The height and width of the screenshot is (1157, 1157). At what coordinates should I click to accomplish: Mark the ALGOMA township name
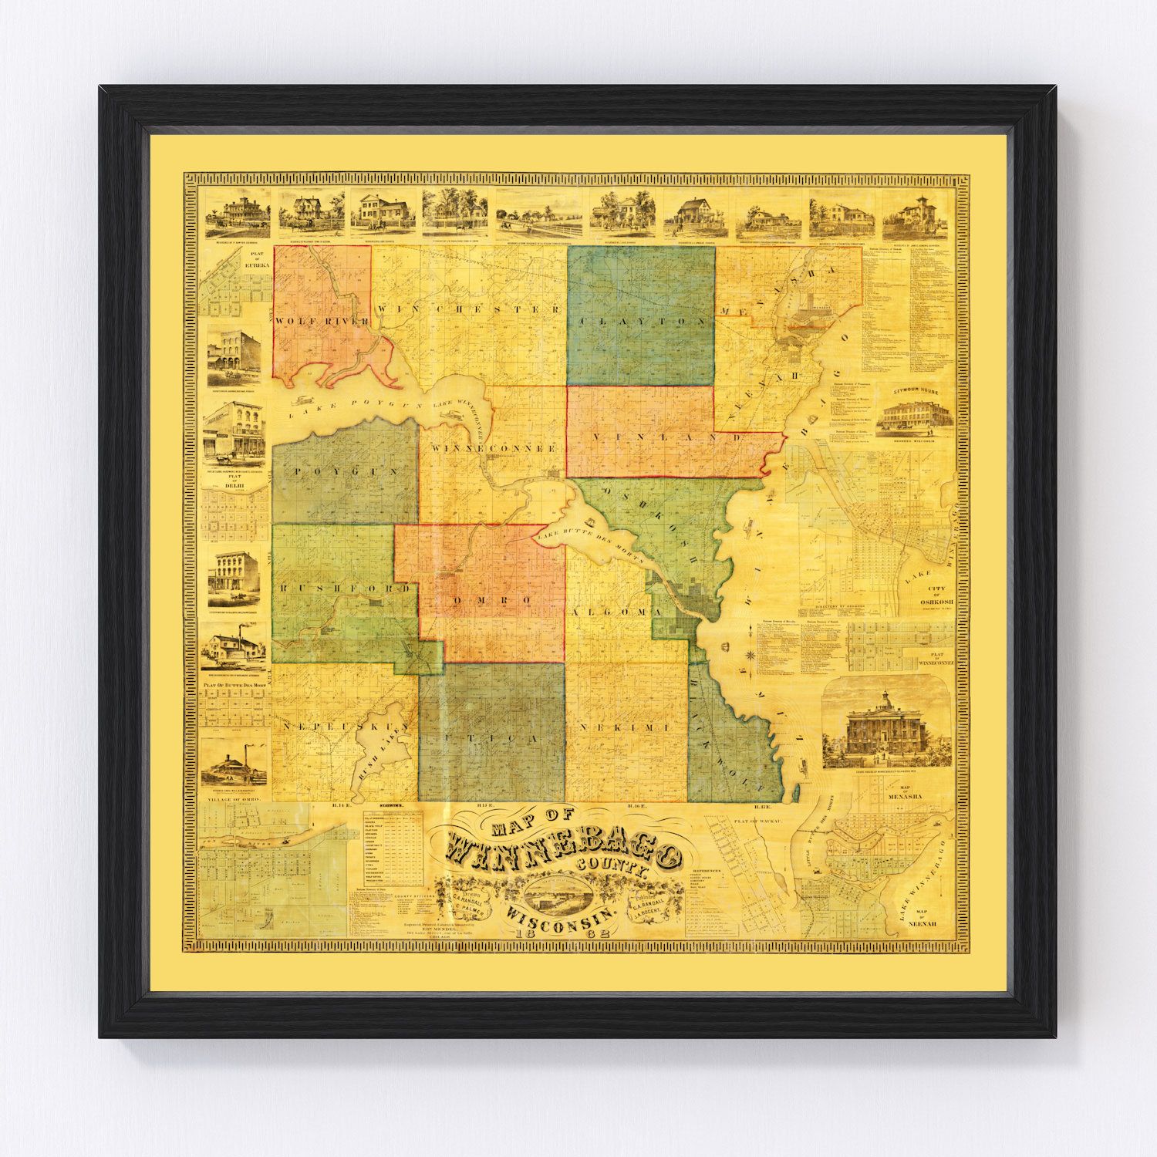(x=616, y=611)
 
